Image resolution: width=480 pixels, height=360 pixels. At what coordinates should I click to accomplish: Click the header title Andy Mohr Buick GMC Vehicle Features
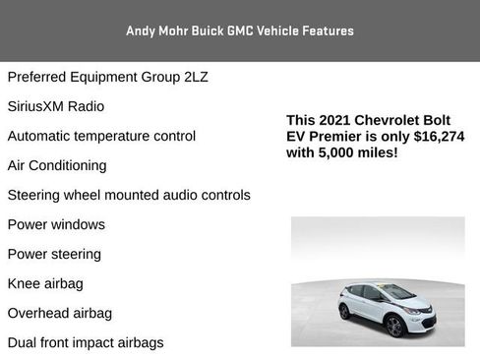[239, 30]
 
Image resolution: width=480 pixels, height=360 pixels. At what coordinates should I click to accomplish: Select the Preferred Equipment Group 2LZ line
[107, 77]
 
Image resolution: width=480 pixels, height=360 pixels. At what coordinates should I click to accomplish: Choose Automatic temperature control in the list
[101, 136]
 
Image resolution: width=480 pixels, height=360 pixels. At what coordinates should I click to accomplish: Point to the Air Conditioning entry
[57, 165]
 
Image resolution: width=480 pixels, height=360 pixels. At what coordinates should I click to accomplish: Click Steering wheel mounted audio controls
[129, 195]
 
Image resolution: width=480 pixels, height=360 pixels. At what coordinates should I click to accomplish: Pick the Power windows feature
[56, 224]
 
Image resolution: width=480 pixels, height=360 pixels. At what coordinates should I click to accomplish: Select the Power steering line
[54, 254]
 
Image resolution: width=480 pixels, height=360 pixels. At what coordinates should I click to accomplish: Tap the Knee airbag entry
[45, 283]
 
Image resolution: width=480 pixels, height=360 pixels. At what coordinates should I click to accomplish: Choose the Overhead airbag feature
[60, 313]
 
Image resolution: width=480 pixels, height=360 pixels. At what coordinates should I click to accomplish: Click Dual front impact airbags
[86, 342]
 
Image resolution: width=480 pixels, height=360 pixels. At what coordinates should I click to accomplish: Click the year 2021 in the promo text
[335, 120]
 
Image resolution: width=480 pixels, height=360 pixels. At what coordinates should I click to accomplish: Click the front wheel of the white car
[394, 326]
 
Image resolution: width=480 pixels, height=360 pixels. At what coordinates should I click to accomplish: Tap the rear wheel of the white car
[344, 312]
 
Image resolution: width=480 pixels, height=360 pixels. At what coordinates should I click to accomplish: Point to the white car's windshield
[396, 292]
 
